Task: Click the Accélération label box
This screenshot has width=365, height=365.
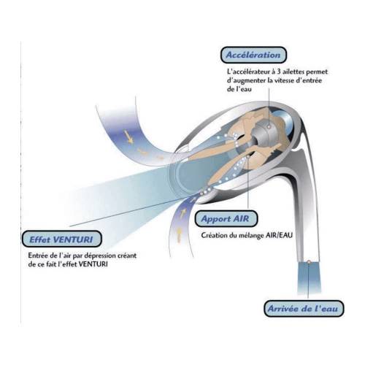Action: click(253, 55)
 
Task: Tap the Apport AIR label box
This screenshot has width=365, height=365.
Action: click(226, 218)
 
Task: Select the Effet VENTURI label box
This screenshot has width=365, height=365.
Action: click(61, 239)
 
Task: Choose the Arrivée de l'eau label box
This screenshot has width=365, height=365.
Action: click(304, 309)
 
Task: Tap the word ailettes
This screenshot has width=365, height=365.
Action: click(291, 72)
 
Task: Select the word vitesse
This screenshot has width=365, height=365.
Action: click(284, 80)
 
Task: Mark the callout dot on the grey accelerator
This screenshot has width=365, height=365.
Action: click(269, 126)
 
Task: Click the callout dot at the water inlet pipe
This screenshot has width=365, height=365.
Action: click(309, 262)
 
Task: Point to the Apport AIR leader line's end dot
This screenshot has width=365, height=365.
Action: click(248, 157)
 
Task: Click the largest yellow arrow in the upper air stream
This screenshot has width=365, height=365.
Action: click(128, 137)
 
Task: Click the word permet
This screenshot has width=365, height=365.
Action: click(317, 72)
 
